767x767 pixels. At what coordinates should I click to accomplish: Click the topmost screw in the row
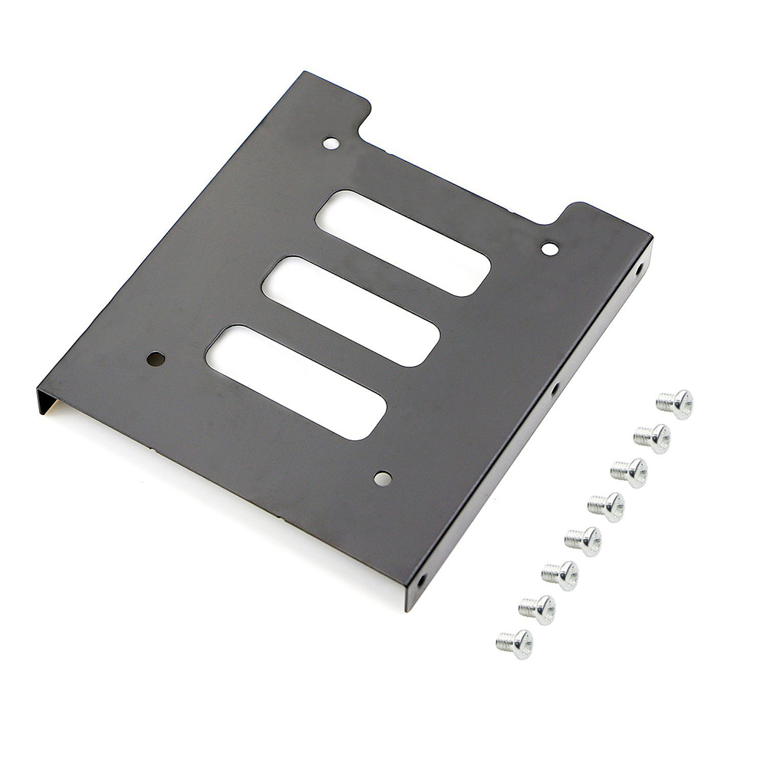(675, 403)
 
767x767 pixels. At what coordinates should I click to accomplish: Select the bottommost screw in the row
(515, 644)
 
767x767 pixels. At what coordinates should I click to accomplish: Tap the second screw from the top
(652, 438)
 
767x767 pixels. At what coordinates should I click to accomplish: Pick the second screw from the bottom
(537, 609)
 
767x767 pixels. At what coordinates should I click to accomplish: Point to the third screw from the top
(629, 472)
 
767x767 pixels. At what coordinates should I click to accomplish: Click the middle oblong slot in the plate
(351, 311)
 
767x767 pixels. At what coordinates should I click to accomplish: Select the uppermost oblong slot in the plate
(403, 242)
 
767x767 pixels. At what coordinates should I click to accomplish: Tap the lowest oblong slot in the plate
(296, 382)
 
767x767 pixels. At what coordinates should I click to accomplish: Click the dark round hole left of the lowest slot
(156, 358)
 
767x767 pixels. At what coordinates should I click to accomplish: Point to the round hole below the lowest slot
(382, 479)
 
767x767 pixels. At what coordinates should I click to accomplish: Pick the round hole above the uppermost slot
(331, 143)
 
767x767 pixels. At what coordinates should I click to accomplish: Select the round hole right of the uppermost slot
(550, 249)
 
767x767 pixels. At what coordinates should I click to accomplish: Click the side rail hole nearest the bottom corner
(421, 580)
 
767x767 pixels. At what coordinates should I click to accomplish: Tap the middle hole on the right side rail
(554, 390)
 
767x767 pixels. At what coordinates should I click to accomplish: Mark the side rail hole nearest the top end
(640, 268)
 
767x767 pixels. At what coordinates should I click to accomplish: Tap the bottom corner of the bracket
(407, 606)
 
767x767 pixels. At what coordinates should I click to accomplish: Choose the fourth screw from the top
(606, 506)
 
